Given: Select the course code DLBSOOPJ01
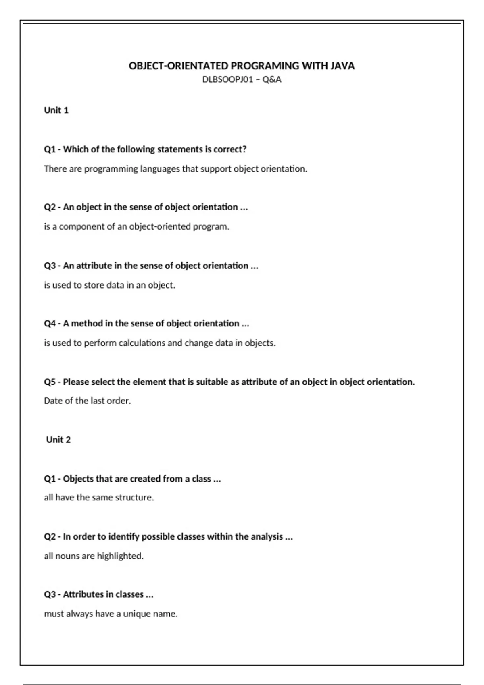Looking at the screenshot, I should click(227, 79).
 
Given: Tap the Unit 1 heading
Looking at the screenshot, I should click(56, 110).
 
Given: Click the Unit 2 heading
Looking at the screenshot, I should click(58, 440).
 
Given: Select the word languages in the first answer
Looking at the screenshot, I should click(160, 169).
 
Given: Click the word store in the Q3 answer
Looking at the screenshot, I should click(94, 285).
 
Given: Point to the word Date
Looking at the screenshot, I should click(53, 401).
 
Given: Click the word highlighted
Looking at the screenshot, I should click(120, 556).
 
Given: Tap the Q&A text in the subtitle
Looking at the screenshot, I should click(272, 79).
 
